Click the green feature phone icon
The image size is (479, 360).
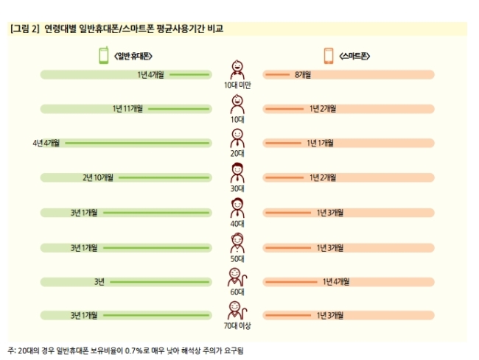click(104, 55)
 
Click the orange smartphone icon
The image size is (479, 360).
click(329, 56)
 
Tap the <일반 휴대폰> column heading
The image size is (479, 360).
click(133, 56)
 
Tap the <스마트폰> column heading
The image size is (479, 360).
click(354, 56)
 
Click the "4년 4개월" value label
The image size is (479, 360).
click(46, 143)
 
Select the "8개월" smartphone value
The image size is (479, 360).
click(303, 75)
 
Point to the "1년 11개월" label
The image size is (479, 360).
click(127, 109)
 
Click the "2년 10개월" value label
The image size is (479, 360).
click(98, 177)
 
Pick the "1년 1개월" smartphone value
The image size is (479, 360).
click(320, 143)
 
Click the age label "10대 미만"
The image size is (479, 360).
click(237, 85)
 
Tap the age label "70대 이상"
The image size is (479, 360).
click(237, 326)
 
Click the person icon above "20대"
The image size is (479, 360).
click(237, 138)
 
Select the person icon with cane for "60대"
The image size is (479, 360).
click(237, 278)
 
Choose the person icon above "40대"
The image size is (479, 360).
click(237, 208)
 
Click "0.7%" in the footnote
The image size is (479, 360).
click(134, 351)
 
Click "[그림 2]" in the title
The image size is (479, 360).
click(25, 29)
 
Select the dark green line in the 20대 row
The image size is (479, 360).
click(137, 143)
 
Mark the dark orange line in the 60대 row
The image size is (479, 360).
click(291, 282)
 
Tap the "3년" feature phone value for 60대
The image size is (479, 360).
click(99, 282)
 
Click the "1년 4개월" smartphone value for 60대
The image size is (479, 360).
click(336, 282)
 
